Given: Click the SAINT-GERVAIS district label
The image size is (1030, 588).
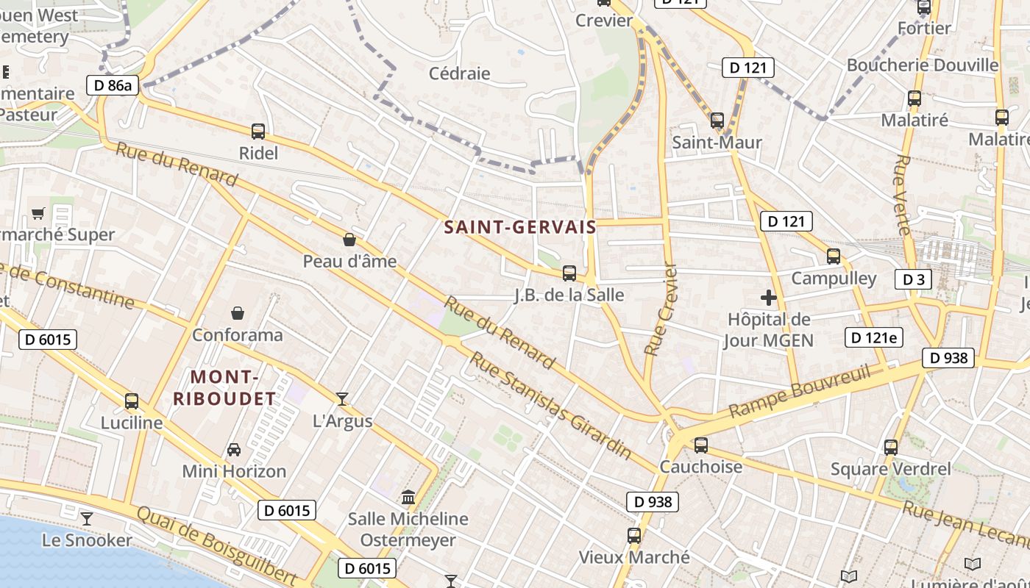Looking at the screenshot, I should click(520, 227).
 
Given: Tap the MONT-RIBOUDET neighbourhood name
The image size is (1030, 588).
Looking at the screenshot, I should click(224, 388).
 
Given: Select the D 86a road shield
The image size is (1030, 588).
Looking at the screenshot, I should click(113, 85).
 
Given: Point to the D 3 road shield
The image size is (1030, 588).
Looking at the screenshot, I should click(913, 279).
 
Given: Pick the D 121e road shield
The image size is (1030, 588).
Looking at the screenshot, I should click(873, 337).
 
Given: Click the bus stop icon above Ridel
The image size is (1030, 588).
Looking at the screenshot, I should click(258, 132).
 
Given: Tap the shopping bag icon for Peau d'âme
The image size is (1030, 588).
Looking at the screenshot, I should click(349, 240).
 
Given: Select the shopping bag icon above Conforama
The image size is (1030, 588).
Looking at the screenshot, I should click(237, 313).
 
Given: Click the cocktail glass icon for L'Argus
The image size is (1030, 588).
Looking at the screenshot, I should click(342, 399).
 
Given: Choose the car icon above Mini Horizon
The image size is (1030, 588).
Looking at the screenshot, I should click(234, 449).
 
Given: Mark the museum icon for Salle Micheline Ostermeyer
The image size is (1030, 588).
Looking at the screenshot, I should click(408, 498).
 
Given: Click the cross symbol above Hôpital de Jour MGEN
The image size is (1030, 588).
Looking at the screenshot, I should click(769, 298).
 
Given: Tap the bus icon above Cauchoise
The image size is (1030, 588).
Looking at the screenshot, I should click(701, 445).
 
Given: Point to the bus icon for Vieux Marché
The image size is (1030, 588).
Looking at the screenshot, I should click(634, 536).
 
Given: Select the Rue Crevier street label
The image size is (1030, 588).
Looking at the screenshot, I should click(660, 309).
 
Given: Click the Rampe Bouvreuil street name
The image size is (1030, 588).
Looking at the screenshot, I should click(799, 392).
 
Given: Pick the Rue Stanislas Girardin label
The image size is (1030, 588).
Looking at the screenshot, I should click(550, 405).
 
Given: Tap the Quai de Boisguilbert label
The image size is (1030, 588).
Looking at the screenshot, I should click(216, 545).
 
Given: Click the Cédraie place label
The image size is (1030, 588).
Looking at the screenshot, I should click(459, 73).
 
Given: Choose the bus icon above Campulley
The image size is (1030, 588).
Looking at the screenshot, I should click(834, 257).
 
